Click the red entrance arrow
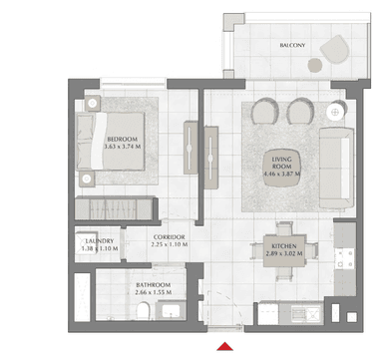(225, 346)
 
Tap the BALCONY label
(292, 45)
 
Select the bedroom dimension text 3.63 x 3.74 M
(123, 147)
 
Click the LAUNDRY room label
(100, 241)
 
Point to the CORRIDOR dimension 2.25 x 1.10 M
(170, 244)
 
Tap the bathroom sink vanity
(172, 311)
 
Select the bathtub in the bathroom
(82, 297)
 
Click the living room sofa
(336, 168)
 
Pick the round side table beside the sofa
(335, 113)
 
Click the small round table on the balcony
(315, 65)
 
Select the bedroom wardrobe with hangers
(114, 208)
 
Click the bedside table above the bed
(93, 104)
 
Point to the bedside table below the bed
(87, 180)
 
